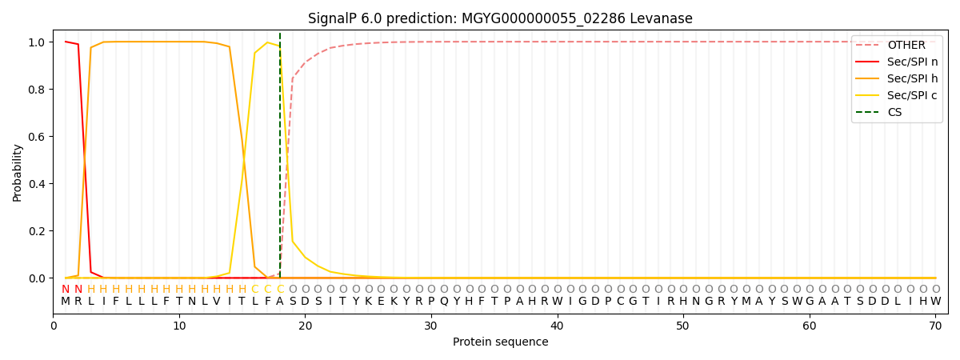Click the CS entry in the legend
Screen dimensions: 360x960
(894, 113)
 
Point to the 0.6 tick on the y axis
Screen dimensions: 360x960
(38, 137)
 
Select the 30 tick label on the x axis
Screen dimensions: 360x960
(431, 326)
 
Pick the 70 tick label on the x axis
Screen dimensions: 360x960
(935, 326)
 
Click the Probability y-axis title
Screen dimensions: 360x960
(18, 172)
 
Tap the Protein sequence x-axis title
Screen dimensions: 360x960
(500, 342)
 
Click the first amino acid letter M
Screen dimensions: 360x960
(66, 302)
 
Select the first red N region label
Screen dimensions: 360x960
(66, 290)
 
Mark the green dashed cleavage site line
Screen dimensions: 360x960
(280, 160)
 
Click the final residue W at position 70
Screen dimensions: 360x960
(935, 302)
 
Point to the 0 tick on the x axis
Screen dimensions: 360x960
(54, 326)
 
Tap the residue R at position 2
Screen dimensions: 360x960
(78, 302)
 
